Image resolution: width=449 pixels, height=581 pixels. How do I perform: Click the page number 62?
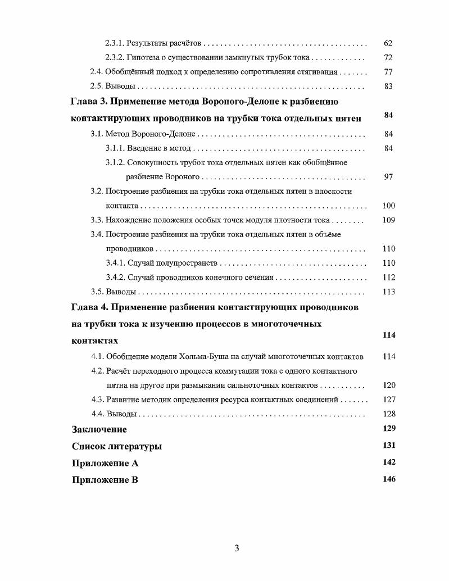pos(388,43)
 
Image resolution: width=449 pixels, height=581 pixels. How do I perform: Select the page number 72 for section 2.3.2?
pos(388,58)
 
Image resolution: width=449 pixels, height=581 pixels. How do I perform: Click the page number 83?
pos(388,87)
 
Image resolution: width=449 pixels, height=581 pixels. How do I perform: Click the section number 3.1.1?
pos(115,148)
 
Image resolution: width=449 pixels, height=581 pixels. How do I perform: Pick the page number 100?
pos(388,206)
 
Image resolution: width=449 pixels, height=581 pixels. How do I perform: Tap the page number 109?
pos(388,220)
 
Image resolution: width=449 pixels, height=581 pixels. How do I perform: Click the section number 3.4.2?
pos(115,278)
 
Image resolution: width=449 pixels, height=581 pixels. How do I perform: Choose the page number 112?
pos(388,278)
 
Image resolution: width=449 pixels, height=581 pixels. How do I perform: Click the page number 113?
pos(388,292)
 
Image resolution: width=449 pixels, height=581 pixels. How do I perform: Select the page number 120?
pos(388,385)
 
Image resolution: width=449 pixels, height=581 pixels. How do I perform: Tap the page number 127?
pos(388,400)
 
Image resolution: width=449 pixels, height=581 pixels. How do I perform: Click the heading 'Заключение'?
pos(99,430)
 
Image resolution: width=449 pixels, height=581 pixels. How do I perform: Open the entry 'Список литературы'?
pos(117,447)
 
